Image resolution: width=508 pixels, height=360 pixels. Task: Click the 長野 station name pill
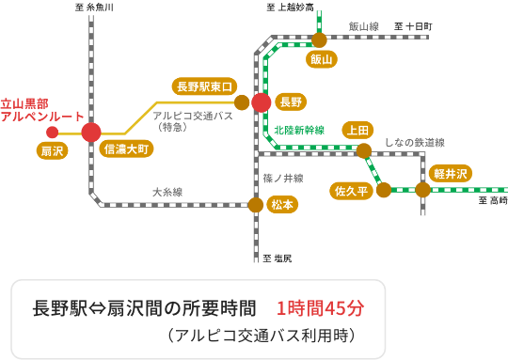click(291, 102)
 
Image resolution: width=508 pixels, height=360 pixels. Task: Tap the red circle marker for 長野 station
click(262, 102)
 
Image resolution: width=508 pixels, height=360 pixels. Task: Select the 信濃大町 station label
click(126, 149)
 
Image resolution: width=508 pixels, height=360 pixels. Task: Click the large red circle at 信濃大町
click(91, 133)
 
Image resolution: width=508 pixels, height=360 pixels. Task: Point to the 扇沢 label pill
click(53, 150)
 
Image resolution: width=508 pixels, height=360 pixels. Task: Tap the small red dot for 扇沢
click(53, 133)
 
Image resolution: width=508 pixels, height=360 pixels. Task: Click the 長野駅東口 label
click(204, 86)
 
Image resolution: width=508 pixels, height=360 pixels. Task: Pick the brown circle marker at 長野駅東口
click(242, 102)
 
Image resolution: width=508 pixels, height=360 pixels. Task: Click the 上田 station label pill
click(357, 129)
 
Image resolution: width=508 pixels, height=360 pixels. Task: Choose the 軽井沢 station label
click(451, 173)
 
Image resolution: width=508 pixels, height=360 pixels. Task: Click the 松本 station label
click(282, 204)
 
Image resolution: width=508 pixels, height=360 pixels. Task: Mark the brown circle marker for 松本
click(256, 204)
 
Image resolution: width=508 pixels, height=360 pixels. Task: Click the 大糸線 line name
click(167, 192)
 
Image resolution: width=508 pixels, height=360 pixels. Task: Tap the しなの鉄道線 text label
click(414, 142)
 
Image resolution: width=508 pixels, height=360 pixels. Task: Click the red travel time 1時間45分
click(320, 307)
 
